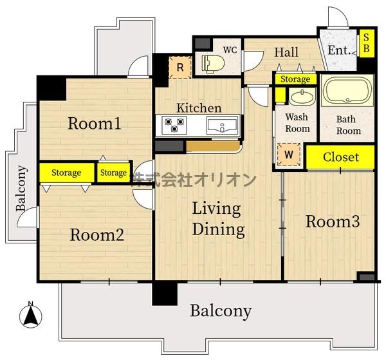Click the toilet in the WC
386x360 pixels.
pyautogui.click(x=213, y=64)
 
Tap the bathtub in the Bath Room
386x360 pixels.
pyautogui.click(x=347, y=91)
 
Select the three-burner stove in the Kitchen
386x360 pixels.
pyautogui.click(x=174, y=125)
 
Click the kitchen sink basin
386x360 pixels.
pyautogui.click(x=222, y=126)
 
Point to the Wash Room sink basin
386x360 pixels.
pyautogui.click(x=302, y=97)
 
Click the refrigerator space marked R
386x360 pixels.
pyautogui.click(x=180, y=67)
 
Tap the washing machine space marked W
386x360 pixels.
pyautogui.click(x=289, y=155)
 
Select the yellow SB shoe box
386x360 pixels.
pyautogui.click(x=367, y=43)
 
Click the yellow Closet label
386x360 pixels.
pyautogui.click(x=340, y=157)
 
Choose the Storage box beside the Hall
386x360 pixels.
pyautogui.click(x=295, y=79)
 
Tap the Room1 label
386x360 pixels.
pyautogui.click(x=95, y=123)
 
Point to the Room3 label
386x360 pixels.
pyautogui.click(x=333, y=222)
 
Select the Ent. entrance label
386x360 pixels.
pyautogui.click(x=339, y=50)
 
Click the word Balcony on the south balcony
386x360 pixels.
pyautogui.click(x=221, y=312)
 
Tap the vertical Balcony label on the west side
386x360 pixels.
pyautogui.click(x=21, y=189)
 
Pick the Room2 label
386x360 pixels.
pyautogui.click(x=97, y=235)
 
